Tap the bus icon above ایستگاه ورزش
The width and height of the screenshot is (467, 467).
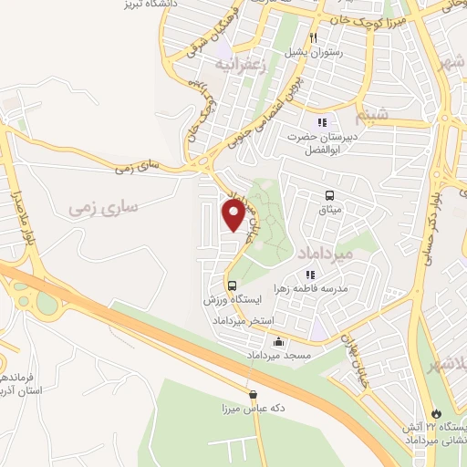[232, 285]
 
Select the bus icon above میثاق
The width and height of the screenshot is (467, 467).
[329, 195]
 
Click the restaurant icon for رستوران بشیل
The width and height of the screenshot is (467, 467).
[312, 38]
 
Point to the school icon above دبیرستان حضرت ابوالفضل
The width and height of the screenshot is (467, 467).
[320, 122]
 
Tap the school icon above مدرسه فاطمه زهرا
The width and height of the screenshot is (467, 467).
[310, 274]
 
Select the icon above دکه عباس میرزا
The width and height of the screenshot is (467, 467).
[253, 394]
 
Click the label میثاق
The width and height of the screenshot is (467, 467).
[329, 210]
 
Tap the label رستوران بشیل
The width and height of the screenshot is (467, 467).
[311, 52]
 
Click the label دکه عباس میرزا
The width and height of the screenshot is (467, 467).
[254, 408]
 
